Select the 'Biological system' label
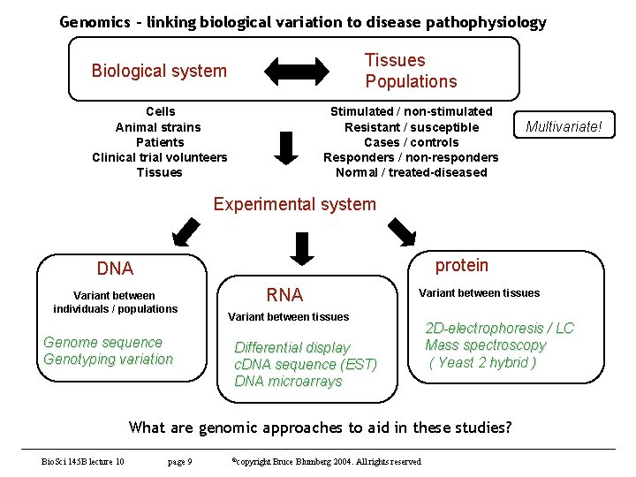click(x=159, y=71)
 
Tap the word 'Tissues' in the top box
click(x=395, y=60)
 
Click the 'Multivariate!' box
click(x=564, y=127)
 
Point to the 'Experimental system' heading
click(x=294, y=204)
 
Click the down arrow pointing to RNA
click(x=301, y=248)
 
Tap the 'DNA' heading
click(x=115, y=269)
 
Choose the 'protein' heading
click(x=461, y=265)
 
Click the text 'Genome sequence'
click(x=103, y=342)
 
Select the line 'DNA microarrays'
click(x=288, y=381)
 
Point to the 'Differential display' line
click(x=291, y=347)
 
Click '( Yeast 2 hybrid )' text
click(x=482, y=362)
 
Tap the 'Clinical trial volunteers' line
click(x=159, y=157)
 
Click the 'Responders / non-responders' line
click(x=411, y=157)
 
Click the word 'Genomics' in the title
click(x=93, y=22)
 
